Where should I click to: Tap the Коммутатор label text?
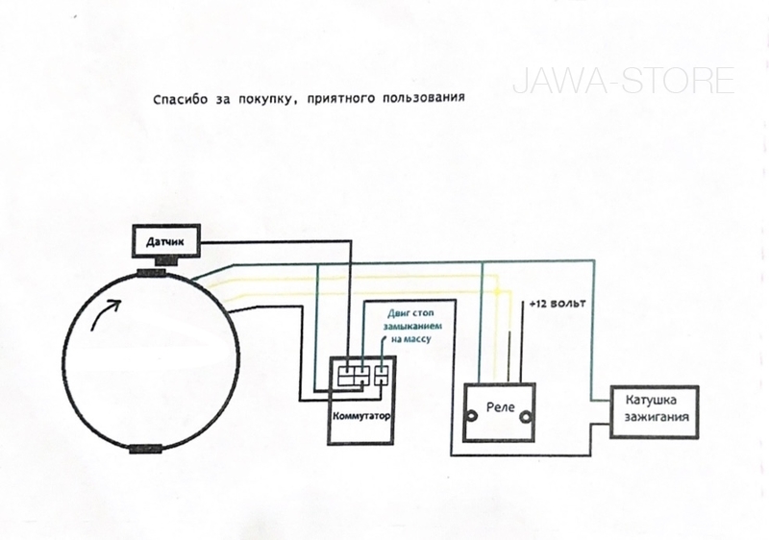[362, 416]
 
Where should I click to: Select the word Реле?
[500, 407]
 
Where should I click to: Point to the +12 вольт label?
[558, 304]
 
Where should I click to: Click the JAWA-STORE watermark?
[623, 81]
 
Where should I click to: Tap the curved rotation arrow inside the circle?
[105, 313]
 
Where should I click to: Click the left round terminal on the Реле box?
[472, 416]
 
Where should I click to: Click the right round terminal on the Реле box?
[526, 416]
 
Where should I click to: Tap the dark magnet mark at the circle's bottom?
[145, 449]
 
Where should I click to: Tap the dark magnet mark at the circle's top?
[153, 273]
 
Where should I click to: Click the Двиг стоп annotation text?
[410, 313]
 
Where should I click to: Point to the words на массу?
[411, 338]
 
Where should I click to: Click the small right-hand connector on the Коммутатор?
[382, 376]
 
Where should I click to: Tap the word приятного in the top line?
[341, 98]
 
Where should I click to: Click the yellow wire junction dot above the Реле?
[497, 292]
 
